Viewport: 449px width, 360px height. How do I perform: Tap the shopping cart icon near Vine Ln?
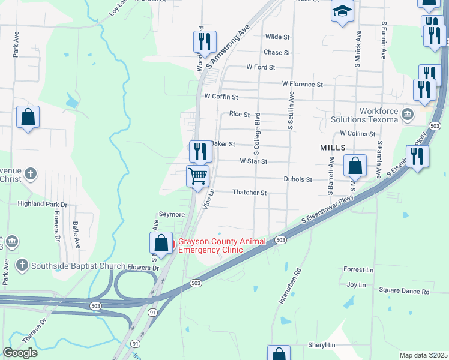[197, 176]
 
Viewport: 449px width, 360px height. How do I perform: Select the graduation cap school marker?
[342, 11]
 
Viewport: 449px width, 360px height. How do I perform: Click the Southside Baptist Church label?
[78, 266]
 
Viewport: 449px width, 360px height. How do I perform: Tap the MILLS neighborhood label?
[333, 147]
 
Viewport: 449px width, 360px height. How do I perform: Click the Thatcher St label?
[249, 193]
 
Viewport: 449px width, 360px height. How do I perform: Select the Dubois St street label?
[298, 179]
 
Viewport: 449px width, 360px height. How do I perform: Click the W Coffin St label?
[221, 97]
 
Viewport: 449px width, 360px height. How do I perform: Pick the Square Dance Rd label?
[405, 292]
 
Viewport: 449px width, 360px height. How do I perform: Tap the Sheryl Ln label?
[321, 345]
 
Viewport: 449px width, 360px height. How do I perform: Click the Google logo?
[20, 353]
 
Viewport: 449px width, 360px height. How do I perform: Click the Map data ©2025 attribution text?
[423, 355]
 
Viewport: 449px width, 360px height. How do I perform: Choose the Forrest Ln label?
[358, 270]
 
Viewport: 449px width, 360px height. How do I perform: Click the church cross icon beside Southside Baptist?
[22, 265]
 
